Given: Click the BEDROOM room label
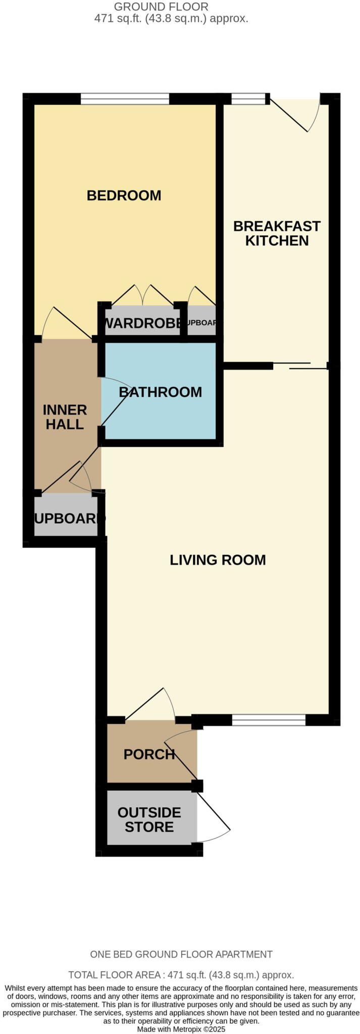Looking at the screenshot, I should click(124, 195).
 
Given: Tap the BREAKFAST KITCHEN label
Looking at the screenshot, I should click(277, 233).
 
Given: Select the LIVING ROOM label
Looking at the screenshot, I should click(218, 560).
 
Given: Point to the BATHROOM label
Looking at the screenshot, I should click(160, 392).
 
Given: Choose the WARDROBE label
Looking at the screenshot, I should click(142, 323).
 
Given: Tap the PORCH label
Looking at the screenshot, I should click(149, 754).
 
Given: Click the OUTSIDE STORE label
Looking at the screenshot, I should click(149, 819).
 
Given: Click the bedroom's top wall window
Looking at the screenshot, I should click(125, 98).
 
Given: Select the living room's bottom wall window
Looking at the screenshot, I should click(269, 720).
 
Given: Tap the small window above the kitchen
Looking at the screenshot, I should click(248, 98).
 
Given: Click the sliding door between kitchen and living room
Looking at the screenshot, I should click(300, 366).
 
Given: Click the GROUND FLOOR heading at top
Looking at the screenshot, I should click(161, 7).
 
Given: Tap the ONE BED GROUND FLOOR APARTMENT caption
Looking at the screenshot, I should click(181, 954).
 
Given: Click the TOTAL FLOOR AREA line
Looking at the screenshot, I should click(181, 975).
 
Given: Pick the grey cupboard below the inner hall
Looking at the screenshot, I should click(66, 518).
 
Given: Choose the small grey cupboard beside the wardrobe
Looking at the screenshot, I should click(201, 323).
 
